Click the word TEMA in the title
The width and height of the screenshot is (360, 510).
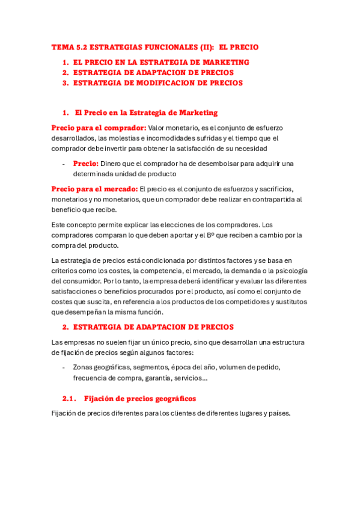(61, 47)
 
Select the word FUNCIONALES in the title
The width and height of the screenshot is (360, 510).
(165, 47)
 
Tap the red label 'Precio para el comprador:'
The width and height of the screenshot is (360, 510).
(99, 128)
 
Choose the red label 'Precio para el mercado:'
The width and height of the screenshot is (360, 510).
(94, 189)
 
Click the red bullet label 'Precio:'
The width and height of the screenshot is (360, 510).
(85, 164)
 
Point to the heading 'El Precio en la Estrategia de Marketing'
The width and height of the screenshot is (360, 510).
(146, 112)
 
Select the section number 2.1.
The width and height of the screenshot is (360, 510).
(70, 399)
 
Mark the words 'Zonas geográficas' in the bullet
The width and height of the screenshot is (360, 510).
(100, 367)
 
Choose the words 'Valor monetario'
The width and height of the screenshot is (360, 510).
(175, 128)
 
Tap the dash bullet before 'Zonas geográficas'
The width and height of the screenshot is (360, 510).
(63, 367)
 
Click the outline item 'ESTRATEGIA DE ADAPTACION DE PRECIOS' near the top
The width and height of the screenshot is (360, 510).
(153, 73)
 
